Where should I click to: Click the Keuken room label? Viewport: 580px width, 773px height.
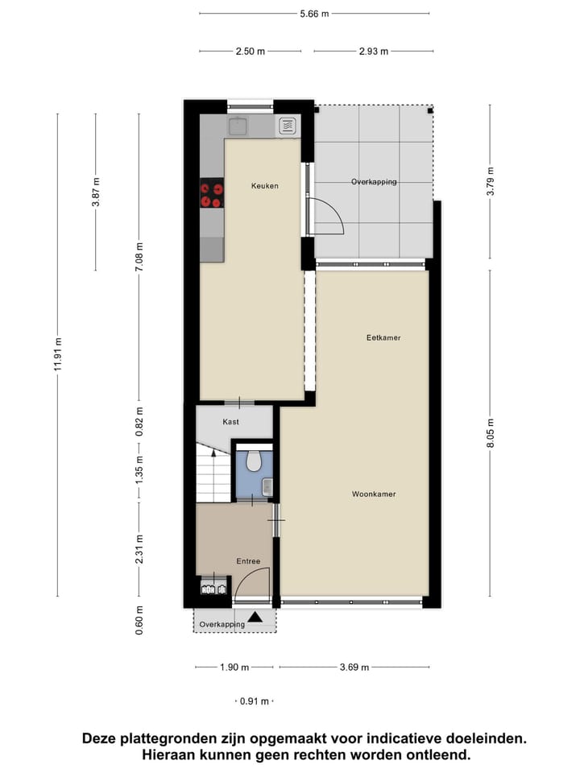[264, 186]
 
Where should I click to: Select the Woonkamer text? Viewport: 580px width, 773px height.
[374, 494]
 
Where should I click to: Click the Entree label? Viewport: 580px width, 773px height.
[247, 561]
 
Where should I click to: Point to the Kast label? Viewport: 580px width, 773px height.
[231, 421]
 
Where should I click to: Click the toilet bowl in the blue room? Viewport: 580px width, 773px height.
[253, 461]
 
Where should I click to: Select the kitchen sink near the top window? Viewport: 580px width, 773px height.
[238, 125]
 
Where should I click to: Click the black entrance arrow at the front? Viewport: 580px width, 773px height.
[255, 618]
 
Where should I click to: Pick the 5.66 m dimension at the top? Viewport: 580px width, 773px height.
[314, 13]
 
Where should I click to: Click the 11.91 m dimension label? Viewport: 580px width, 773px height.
[58, 353]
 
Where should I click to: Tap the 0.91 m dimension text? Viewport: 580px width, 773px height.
[255, 701]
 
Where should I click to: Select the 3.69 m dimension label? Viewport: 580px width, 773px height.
[354, 667]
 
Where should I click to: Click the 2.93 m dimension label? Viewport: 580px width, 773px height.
[373, 51]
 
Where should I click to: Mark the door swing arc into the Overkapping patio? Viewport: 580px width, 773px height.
[328, 216]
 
